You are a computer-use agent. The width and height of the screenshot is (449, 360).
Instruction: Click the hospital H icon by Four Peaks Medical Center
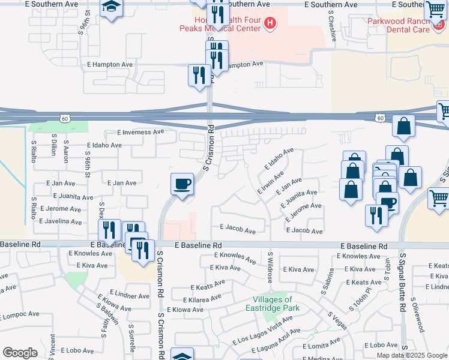coord(271,24)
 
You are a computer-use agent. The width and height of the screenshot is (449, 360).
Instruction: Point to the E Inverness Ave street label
coord(140,132)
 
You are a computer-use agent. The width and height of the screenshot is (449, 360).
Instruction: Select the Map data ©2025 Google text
coord(412,355)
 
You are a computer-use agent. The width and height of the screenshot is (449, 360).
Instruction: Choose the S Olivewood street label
coord(417,316)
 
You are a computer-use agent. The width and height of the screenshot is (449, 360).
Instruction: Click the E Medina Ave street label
coord(324,359)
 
